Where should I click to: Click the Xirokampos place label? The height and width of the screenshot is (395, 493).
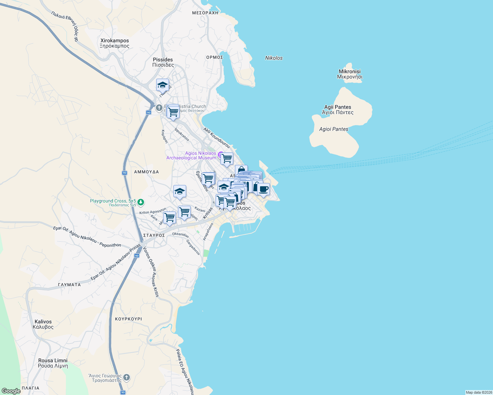coord(114,43)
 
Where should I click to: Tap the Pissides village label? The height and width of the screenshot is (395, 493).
coord(163,62)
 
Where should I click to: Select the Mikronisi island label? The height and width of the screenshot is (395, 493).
coord(350,74)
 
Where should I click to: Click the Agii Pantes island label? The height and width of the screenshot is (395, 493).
coord(337,110)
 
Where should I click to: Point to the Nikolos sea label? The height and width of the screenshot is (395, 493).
coord(274,58)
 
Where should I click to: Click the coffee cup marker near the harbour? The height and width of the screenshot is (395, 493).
coord(263,189)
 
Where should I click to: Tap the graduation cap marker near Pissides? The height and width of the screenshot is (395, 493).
coord(162,85)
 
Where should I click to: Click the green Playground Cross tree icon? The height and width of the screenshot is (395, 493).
coord(141,202)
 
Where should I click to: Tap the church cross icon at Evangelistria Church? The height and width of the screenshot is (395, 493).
coord(159,108)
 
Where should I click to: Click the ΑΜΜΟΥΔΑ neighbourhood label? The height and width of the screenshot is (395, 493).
coord(146,172)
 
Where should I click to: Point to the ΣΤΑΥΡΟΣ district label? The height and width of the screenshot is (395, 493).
coord(154,235)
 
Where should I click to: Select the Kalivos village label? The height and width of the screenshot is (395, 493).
coord(43,324)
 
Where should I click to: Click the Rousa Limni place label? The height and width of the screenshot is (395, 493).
coord(53,363)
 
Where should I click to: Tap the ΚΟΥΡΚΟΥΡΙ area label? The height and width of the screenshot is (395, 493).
coord(129,319)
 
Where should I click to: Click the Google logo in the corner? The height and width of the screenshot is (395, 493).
coord(11,391)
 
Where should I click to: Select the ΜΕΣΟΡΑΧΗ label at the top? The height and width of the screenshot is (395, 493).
coord(205,13)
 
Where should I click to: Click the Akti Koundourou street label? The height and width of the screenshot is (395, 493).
coord(217,138)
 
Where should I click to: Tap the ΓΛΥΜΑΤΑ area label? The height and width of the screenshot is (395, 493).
coord(69,285)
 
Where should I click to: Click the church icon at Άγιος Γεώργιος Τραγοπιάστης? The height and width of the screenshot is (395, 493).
coord(127,378)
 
